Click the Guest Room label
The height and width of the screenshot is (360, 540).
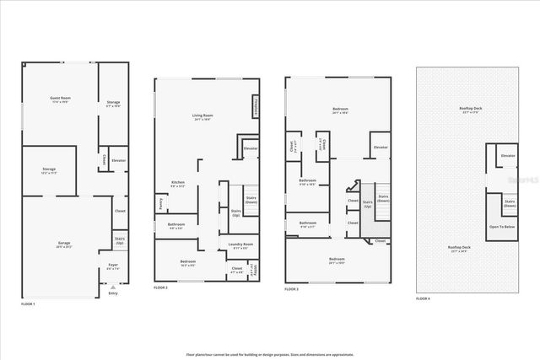point(60,100)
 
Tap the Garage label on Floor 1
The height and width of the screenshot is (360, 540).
point(64,244)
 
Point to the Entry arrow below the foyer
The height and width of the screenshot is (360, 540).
point(114,287)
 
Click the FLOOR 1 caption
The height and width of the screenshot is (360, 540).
point(29,302)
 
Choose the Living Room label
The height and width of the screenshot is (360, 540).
point(202,117)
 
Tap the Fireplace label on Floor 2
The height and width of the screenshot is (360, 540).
point(255,107)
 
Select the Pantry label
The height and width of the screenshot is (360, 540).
point(160,201)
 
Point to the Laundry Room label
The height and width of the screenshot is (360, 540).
point(240,245)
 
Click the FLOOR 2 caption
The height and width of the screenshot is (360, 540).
point(161,288)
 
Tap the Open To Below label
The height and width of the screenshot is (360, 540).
point(503,227)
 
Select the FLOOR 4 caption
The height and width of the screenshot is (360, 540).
point(423,298)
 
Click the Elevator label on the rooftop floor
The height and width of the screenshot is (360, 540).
point(508,156)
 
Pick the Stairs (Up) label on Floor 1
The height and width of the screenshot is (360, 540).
point(119,240)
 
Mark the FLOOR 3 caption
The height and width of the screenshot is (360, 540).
point(292,288)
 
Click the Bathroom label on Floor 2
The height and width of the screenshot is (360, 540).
point(177,225)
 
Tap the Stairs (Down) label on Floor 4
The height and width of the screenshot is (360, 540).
point(509,202)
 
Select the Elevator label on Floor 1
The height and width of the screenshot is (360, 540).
point(119,159)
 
